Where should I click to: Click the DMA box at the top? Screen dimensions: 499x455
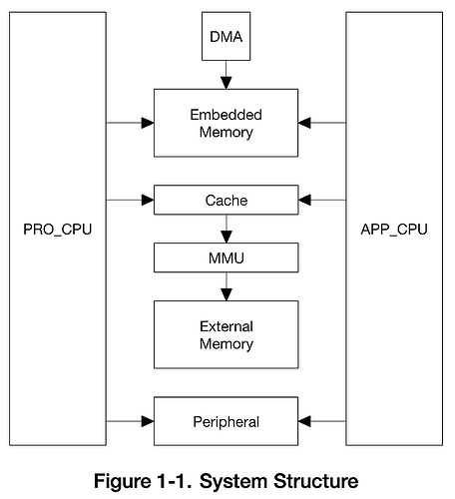[226, 37]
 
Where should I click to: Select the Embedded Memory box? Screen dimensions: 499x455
[226, 123]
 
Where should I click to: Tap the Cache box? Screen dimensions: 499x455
[226, 201]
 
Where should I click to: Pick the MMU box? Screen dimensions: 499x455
[226, 257]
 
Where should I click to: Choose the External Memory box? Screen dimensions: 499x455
[226, 334]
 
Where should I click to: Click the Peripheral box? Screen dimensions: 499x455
[226, 421]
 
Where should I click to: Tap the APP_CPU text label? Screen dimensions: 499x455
[394, 230]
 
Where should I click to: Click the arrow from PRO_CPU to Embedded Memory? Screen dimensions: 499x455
[130, 123]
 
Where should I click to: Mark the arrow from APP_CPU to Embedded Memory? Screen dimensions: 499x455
[321, 123]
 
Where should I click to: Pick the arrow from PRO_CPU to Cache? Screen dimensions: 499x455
[130, 201]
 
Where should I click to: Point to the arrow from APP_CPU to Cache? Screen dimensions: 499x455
[321, 201]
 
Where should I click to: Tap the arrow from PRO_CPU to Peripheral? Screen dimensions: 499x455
[130, 421]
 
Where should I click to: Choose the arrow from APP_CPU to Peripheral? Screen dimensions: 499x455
[321, 421]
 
